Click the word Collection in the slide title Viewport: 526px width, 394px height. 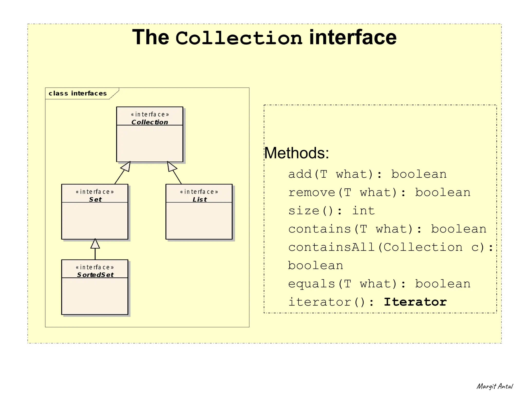(x=239, y=38)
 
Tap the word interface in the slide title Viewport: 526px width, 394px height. (x=353, y=37)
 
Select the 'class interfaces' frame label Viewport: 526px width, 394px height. (x=78, y=93)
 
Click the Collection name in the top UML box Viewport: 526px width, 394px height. (x=150, y=122)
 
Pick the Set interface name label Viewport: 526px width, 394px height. (x=95, y=199)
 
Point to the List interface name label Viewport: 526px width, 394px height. (x=200, y=199)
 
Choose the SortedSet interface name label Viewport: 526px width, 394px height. (x=95, y=275)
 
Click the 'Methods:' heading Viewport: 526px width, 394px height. (x=297, y=153)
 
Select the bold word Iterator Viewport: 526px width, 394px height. (x=415, y=302)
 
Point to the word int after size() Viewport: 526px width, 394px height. (x=363, y=211)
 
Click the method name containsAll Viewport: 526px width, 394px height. (x=331, y=247)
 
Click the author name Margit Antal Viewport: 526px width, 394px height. (x=494, y=386)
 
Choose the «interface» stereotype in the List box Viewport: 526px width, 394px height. (x=199, y=192)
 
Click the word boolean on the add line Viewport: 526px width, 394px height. (x=419, y=174)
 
